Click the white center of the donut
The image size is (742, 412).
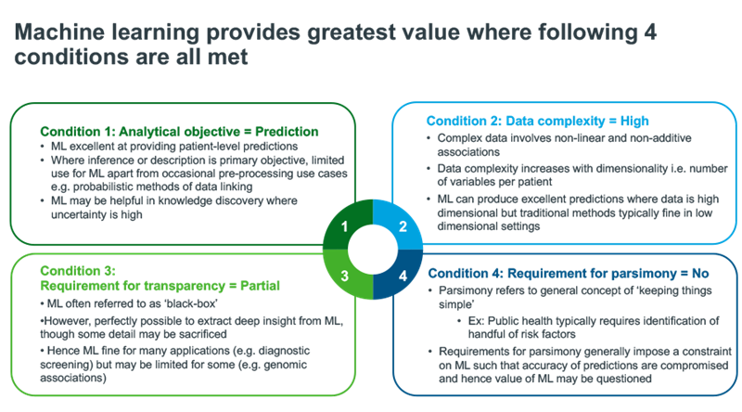373,250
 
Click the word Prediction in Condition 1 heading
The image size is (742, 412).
287,132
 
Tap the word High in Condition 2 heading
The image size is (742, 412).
634,122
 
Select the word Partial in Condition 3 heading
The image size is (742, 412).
260,286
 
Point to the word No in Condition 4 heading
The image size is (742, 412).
700,274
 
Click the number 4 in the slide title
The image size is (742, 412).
650,32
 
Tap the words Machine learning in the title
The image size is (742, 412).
107,33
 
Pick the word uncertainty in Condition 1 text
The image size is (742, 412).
79,214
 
